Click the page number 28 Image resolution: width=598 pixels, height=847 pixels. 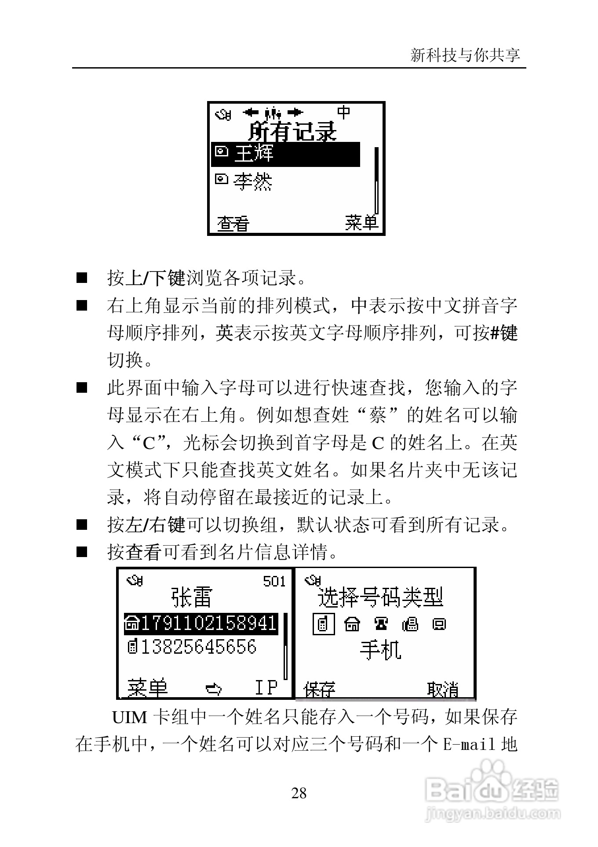[299, 793]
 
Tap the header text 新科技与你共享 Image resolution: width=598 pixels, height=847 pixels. [465, 55]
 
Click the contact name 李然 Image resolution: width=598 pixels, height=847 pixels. [253, 181]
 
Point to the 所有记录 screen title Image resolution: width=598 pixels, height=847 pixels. [292, 131]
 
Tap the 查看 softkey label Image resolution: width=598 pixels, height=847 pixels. [233, 224]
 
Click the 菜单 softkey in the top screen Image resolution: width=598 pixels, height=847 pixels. [361, 223]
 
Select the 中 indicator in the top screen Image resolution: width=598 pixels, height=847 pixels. [343, 112]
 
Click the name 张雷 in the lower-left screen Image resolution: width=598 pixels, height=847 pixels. [192, 597]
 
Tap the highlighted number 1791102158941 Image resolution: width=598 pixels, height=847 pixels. [207, 623]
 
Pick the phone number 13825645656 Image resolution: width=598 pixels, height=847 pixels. [198, 647]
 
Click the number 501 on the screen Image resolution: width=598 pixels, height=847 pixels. [274, 582]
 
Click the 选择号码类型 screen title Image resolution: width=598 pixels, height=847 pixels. [380, 597]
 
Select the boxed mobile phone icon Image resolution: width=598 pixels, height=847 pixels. [323, 624]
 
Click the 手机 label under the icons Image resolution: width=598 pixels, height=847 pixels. [380, 649]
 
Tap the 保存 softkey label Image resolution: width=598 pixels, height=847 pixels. [320, 689]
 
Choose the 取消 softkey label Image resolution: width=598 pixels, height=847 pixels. [443, 689]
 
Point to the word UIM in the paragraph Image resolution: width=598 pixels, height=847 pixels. [129, 718]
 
